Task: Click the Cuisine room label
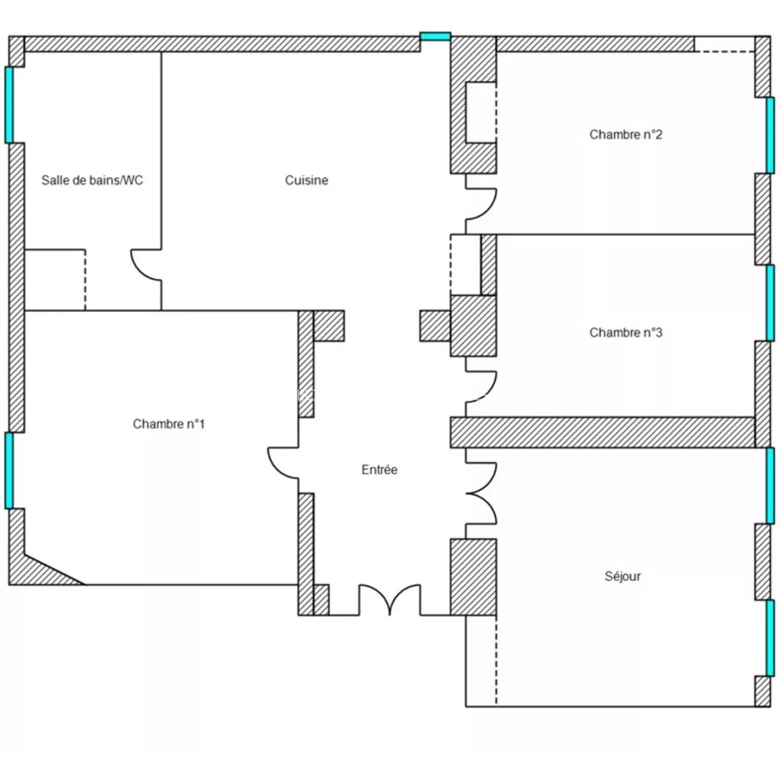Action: click(306, 180)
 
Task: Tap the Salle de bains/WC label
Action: click(92, 180)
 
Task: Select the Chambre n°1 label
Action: click(169, 424)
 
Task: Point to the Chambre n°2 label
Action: click(625, 135)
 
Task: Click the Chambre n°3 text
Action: click(625, 332)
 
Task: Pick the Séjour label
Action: click(622, 576)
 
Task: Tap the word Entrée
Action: click(379, 469)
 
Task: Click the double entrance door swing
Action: click(389, 599)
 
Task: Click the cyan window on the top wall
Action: click(435, 37)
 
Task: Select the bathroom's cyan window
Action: click(9, 105)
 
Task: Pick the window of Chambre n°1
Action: click(9, 471)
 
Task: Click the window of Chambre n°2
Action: click(770, 135)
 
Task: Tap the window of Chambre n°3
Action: click(770, 303)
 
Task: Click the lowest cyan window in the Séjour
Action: click(770, 638)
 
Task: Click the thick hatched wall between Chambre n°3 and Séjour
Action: click(602, 432)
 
